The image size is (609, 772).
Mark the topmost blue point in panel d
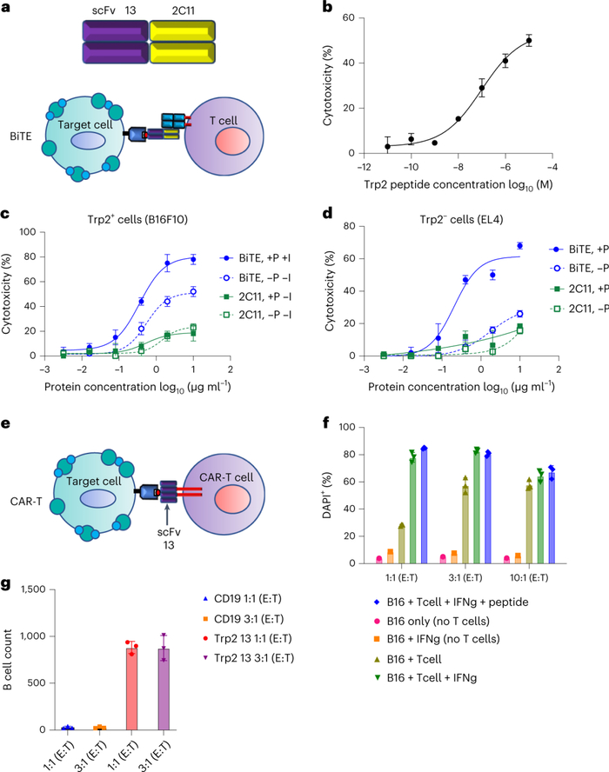tap(519, 245)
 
